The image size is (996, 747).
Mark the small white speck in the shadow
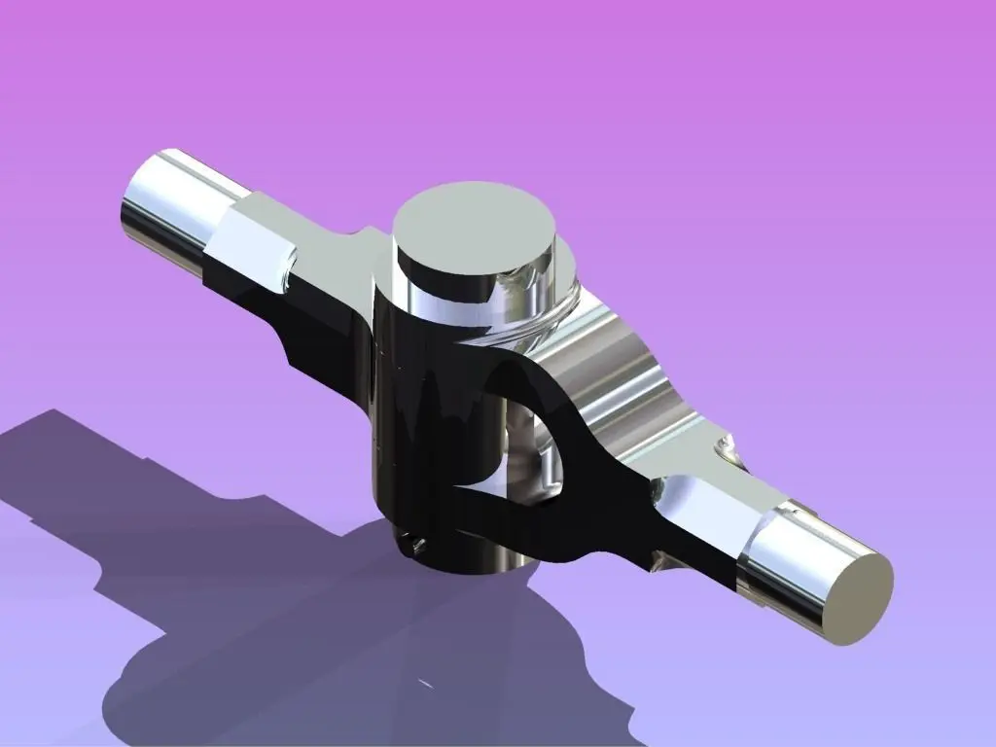coord(425,684)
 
